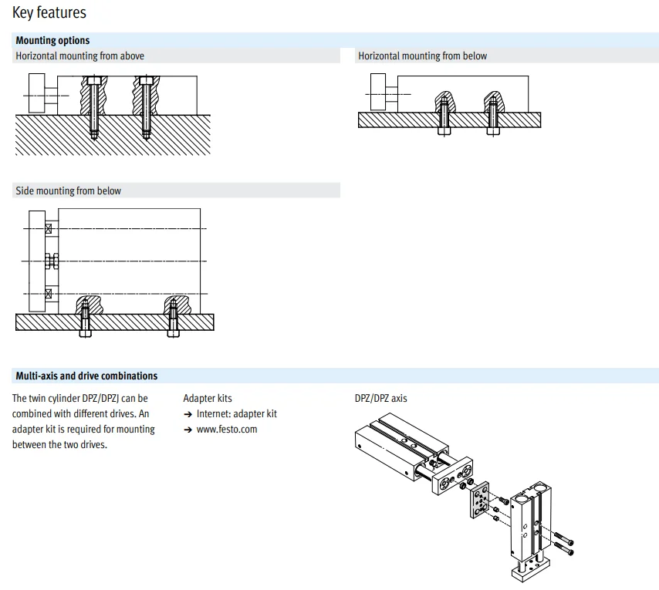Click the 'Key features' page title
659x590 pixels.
click(x=49, y=13)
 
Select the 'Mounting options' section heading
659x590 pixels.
click(x=52, y=40)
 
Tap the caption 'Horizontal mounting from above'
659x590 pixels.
click(x=79, y=56)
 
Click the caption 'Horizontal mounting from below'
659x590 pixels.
click(x=422, y=56)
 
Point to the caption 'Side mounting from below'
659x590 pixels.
click(x=68, y=190)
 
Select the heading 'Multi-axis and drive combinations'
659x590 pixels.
click(x=86, y=376)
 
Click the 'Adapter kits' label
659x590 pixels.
click(x=207, y=398)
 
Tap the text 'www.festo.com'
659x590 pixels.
click(x=228, y=429)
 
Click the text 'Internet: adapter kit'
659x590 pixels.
click(x=236, y=413)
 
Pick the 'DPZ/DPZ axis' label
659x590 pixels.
click(x=380, y=398)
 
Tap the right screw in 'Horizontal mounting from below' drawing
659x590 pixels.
click(x=492, y=120)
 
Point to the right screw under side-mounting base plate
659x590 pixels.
click(x=175, y=324)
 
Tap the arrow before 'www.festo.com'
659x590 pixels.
click(x=188, y=430)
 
